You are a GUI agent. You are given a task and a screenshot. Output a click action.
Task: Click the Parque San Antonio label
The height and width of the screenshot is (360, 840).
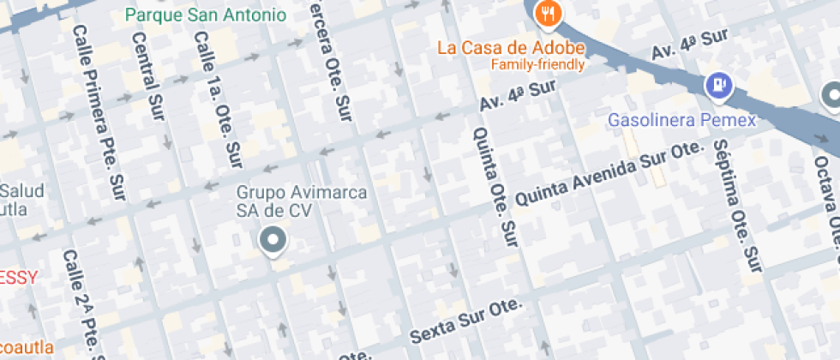206,15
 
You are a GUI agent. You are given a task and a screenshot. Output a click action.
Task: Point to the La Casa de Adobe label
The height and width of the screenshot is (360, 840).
511,47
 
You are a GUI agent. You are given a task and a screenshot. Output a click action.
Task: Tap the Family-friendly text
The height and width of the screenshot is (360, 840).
537,64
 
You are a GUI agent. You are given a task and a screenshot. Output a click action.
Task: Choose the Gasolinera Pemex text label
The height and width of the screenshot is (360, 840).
682,120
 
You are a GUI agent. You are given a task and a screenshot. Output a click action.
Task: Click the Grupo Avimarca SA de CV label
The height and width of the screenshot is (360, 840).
302,201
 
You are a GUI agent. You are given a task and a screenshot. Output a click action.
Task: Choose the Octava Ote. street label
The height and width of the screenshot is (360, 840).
830,197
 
